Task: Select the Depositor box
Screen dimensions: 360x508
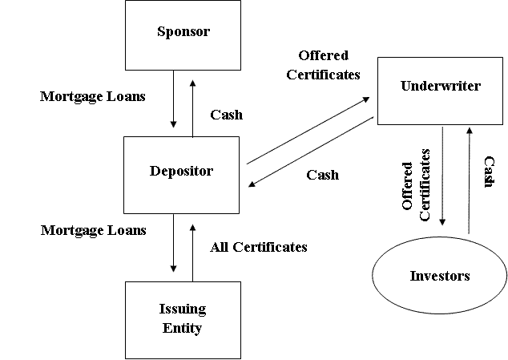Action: click(181, 174)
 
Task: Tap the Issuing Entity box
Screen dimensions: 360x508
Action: click(182, 318)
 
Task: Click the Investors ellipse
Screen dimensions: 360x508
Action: click(439, 276)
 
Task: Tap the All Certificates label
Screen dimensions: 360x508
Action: click(258, 247)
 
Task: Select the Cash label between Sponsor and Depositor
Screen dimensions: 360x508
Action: click(226, 115)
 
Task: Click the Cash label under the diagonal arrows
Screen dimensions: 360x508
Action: click(322, 174)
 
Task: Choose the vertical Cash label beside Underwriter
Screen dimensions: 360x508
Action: click(489, 172)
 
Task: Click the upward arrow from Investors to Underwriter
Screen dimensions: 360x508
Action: click(470, 180)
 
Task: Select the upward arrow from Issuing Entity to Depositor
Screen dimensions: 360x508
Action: click(192, 248)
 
